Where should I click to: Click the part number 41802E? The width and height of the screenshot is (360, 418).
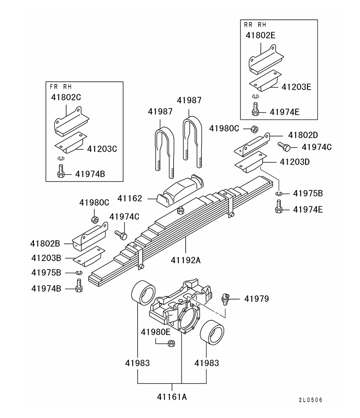[260, 35]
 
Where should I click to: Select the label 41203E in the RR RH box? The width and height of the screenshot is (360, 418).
[296, 86]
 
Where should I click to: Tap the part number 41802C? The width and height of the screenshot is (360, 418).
[66, 97]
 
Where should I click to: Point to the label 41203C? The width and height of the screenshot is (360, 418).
[102, 148]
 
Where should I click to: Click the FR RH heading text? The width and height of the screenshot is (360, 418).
[60, 86]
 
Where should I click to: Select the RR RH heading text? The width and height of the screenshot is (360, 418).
[255, 24]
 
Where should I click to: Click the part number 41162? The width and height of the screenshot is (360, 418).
[130, 198]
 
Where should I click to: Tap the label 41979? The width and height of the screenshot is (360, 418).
[256, 299]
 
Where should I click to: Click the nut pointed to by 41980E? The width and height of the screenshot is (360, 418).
[172, 343]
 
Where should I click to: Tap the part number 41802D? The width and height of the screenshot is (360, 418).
[303, 135]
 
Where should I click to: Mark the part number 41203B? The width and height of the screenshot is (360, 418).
[45, 258]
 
